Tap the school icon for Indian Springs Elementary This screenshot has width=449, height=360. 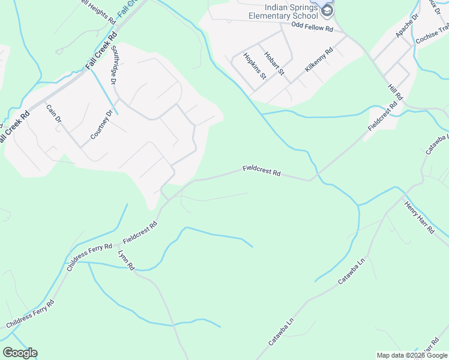click(327, 10)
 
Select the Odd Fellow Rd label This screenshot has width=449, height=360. click(312, 28)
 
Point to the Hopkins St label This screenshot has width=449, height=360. click(255, 66)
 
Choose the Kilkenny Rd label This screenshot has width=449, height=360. click(318, 61)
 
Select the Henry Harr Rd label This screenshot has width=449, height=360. click(419, 217)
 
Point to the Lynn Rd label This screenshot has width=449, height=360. click(127, 260)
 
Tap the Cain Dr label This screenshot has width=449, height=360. click(54, 114)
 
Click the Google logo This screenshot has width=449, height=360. click(20, 353)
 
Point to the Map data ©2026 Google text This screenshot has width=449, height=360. click(411, 355)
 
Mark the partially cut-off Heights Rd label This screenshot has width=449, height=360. click(96, 11)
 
